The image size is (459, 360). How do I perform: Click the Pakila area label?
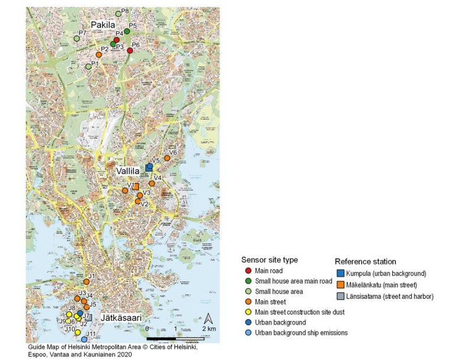[104, 24]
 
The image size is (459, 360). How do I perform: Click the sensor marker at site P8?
[118, 13]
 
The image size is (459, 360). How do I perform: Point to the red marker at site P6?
[130, 51]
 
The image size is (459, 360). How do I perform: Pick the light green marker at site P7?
[76, 38]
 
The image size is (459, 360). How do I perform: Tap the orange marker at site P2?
[99, 55]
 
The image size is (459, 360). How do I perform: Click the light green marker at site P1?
[89, 67]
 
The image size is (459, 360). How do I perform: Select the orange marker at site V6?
[167, 158]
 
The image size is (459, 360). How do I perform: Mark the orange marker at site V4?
[152, 184]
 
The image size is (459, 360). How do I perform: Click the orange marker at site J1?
[86, 282]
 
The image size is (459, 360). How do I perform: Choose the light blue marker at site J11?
[84, 339]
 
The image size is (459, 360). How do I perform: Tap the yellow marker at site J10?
[77, 332]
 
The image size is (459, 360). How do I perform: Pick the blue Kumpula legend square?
[340, 273]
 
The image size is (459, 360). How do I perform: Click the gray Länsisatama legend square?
[340, 296]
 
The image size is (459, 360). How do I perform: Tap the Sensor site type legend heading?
[269, 260]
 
